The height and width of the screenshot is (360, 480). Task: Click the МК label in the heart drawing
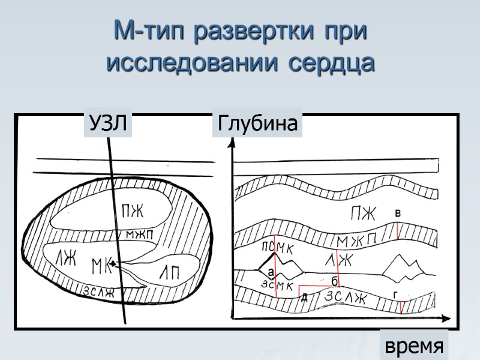(x=103, y=265)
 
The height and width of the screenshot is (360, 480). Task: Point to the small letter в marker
(x=398, y=214)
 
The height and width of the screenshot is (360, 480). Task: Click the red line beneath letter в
(x=398, y=231)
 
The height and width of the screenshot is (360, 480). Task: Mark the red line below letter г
(x=400, y=305)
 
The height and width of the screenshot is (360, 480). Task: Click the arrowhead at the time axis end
(x=446, y=317)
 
